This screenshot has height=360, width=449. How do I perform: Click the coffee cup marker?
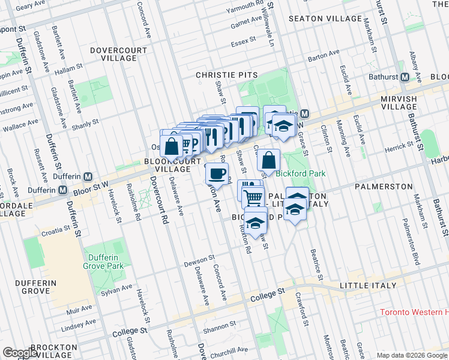tap(217, 174)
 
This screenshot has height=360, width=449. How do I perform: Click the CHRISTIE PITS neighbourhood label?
tap(227, 76)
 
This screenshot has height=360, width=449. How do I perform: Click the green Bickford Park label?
tap(301, 173)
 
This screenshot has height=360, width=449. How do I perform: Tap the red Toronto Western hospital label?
tap(414, 313)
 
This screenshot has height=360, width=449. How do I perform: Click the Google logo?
tap(20, 353)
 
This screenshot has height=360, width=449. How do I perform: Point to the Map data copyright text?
tap(411, 355)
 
